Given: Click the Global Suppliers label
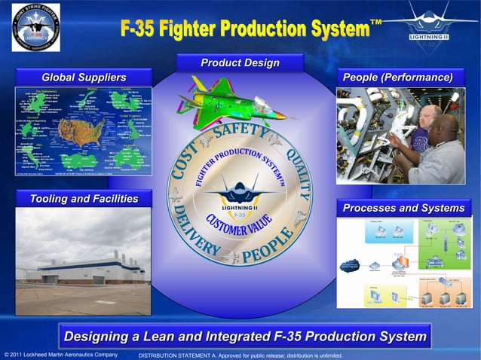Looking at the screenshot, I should (84, 77).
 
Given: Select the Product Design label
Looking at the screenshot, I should (240, 63).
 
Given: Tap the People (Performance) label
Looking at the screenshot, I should (397, 77).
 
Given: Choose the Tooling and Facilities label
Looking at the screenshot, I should (84, 199).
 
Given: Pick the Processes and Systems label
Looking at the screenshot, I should (403, 207).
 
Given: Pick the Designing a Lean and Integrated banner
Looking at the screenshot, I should (246, 336).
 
